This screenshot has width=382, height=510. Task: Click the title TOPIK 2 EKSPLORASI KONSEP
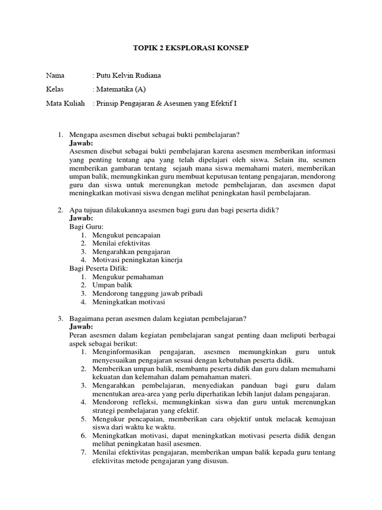(191, 48)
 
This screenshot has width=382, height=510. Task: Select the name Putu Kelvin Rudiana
(128, 76)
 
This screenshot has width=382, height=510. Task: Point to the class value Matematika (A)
(121, 90)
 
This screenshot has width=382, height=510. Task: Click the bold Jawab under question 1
(81, 143)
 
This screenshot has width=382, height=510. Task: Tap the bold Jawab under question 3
(81, 327)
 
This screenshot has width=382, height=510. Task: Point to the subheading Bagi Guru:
(83, 227)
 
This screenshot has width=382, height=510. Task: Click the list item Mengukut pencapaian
(126, 235)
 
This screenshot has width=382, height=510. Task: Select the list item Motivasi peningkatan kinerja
(137, 260)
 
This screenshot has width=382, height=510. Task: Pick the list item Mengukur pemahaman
(127, 277)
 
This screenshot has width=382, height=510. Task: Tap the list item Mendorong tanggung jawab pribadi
(147, 293)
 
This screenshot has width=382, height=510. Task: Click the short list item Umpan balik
(112, 285)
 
